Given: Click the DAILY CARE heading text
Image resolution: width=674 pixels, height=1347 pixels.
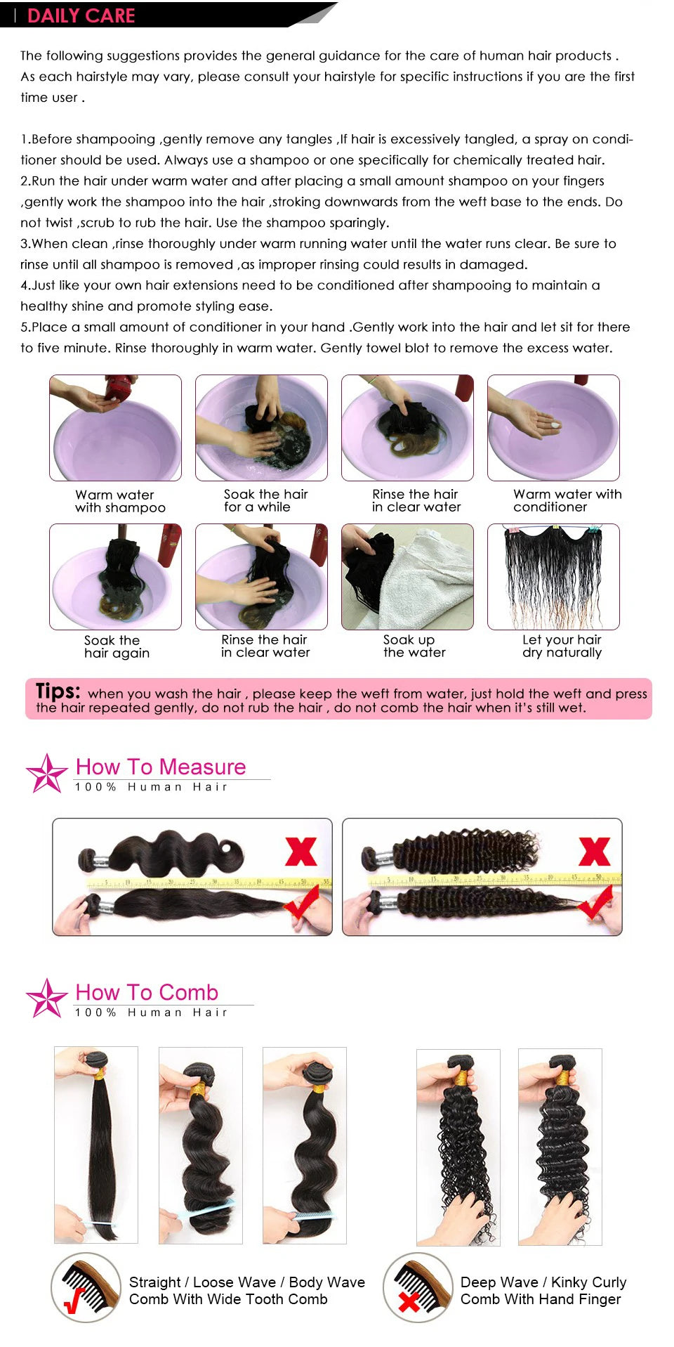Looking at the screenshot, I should click(81, 15).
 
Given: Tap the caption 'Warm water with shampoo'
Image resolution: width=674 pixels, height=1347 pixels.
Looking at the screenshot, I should click(120, 501).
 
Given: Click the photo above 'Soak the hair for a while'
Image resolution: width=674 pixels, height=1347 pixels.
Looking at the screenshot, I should click(261, 427).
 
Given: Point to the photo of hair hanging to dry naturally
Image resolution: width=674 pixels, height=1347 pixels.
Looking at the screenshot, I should click(553, 576).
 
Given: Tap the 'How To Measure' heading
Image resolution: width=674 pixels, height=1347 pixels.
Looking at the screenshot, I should click(161, 767).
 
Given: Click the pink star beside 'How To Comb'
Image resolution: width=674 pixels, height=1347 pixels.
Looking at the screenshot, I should click(46, 998).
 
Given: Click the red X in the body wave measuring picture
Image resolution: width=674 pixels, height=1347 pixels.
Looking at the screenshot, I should click(300, 852).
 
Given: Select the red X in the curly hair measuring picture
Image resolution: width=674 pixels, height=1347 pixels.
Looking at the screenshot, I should click(594, 852).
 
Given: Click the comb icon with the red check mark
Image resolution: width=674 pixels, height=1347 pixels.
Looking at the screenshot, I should click(86, 1287).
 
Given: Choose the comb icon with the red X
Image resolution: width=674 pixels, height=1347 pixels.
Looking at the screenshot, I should click(417, 1287).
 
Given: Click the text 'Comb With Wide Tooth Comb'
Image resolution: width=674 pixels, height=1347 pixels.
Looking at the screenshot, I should click(228, 1299).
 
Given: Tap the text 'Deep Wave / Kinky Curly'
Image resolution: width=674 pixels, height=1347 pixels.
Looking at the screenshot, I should click(543, 1282).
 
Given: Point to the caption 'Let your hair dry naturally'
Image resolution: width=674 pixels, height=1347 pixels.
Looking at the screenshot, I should click(562, 646).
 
